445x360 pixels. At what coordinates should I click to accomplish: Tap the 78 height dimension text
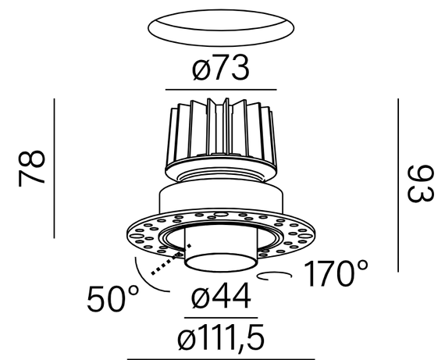tap(33, 167)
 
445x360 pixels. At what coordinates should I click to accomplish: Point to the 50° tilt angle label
tap(113, 299)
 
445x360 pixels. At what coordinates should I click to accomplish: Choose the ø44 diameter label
tap(220, 298)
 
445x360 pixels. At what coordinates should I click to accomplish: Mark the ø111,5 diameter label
tap(222, 339)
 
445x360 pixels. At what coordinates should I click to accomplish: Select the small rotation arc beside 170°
tap(277, 276)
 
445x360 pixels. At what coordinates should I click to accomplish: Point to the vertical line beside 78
tap(54, 167)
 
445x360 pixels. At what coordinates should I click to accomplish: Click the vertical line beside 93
tap(398, 185)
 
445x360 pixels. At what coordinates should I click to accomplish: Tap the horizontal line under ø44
tap(220, 317)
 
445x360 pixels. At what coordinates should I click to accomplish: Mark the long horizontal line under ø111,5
tap(222, 358)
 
